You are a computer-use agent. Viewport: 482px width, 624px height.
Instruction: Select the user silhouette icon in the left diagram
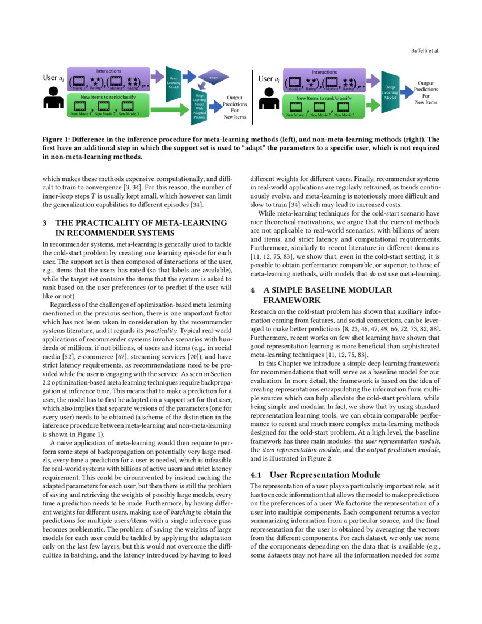click(53, 98)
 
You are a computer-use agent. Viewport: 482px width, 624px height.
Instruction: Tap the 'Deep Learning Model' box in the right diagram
click(391, 90)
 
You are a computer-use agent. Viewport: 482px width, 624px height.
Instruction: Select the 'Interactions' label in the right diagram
click(324, 73)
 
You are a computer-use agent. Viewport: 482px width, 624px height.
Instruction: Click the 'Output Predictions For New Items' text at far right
click(426, 92)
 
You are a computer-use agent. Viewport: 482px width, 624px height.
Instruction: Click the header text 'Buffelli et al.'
click(425, 51)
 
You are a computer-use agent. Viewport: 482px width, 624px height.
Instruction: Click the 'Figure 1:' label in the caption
click(60, 139)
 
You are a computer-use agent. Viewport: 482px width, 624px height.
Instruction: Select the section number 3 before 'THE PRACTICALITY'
click(45, 223)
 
